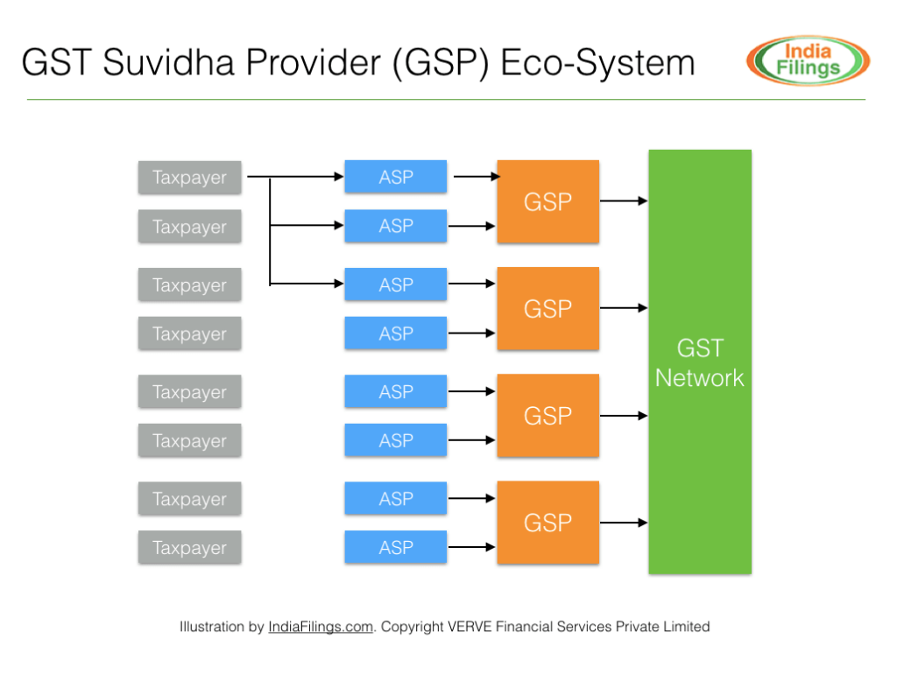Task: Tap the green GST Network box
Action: click(x=699, y=362)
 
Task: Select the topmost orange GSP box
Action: click(x=547, y=201)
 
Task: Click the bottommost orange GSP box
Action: click(x=547, y=523)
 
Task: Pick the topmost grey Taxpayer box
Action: click(x=189, y=177)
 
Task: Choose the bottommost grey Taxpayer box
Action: click(x=189, y=547)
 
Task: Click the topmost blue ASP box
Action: click(x=395, y=177)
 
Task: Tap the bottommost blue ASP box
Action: click(x=395, y=547)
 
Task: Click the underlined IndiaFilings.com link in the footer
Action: click(x=321, y=627)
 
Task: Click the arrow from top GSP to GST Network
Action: click(x=624, y=201)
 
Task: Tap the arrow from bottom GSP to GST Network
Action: click(x=624, y=523)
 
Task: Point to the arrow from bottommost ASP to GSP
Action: click(x=471, y=548)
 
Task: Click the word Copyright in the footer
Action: click(x=411, y=627)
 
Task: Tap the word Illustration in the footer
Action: click(x=212, y=627)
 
